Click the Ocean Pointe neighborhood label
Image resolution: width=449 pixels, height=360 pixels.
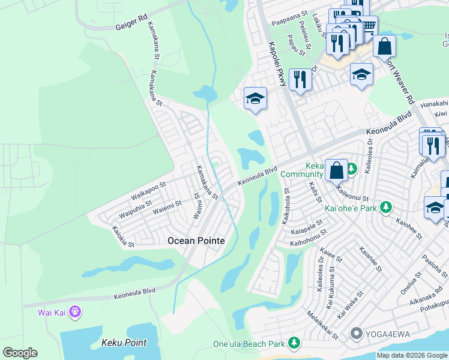pos(196,241)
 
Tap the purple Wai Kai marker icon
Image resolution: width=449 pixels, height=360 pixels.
pos(74,312)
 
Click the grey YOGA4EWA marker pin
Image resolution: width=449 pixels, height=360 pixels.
pos(356,333)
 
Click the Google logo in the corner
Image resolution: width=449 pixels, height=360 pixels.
pos(20,353)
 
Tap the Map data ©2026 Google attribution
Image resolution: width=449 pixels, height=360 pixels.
pos(412,355)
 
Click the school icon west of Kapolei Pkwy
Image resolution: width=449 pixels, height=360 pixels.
pos(255,98)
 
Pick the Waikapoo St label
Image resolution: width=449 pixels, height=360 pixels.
pos(148,190)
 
